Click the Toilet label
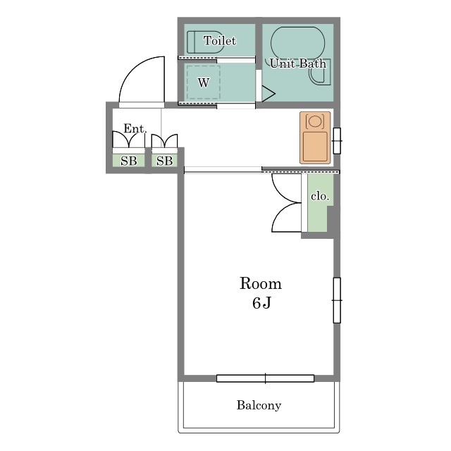(220, 41)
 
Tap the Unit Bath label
(298, 63)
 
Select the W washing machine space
(204, 82)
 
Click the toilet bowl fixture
(205, 42)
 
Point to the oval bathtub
(297, 43)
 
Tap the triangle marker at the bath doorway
(268, 94)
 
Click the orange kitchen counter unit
(315, 138)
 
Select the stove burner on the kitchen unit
(315, 121)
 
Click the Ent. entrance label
(135, 128)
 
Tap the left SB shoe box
(128, 161)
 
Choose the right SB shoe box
(164, 161)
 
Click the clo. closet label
(320, 196)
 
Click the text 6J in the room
(261, 302)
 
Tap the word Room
(261, 283)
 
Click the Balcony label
(259, 405)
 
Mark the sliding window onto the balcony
(265, 378)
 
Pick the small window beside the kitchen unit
(337, 141)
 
